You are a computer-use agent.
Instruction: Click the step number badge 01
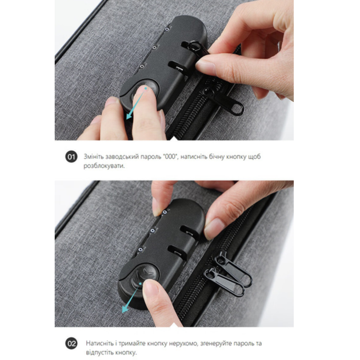71,157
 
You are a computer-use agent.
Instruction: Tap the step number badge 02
71,343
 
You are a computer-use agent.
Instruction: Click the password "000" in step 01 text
170,157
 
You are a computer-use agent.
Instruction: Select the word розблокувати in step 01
104,166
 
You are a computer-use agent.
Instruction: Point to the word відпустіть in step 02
101,353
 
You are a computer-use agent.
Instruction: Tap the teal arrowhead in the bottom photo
126,309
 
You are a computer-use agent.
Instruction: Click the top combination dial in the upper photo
167,29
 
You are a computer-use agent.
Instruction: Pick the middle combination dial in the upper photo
155,47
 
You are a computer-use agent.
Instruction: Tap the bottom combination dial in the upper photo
142,66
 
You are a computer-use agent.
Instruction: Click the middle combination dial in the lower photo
153,230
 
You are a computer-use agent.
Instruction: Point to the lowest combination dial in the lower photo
141,250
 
